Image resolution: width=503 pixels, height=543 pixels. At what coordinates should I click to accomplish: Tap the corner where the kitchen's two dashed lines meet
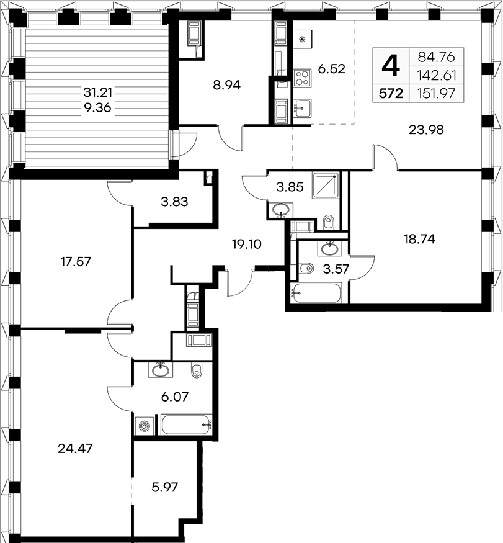point(354,123)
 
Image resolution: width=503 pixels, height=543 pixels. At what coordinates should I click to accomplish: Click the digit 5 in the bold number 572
point(383,94)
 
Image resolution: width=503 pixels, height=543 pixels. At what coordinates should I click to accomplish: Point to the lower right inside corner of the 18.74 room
point(483,303)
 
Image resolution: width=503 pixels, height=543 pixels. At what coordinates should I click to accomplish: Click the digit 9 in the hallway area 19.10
point(244,245)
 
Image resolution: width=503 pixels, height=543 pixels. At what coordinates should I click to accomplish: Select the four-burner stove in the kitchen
point(302,78)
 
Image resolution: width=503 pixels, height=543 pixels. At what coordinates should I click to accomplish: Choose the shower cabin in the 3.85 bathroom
point(326,186)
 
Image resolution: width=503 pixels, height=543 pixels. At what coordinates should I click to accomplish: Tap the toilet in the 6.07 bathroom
point(196,370)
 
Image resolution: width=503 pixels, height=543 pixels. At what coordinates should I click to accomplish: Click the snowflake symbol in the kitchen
point(302,40)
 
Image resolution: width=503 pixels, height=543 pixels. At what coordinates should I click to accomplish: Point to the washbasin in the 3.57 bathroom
point(329,248)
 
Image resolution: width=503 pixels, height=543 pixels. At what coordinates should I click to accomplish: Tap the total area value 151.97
point(436,94)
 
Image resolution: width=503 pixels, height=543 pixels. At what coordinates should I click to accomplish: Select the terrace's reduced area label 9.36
point(97,108)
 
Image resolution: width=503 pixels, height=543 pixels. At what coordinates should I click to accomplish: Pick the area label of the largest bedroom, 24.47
point(75,449)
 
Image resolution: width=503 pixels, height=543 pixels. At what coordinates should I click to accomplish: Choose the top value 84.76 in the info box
point(436,57)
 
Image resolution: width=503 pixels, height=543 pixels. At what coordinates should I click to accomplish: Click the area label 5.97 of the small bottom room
point(165,487)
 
